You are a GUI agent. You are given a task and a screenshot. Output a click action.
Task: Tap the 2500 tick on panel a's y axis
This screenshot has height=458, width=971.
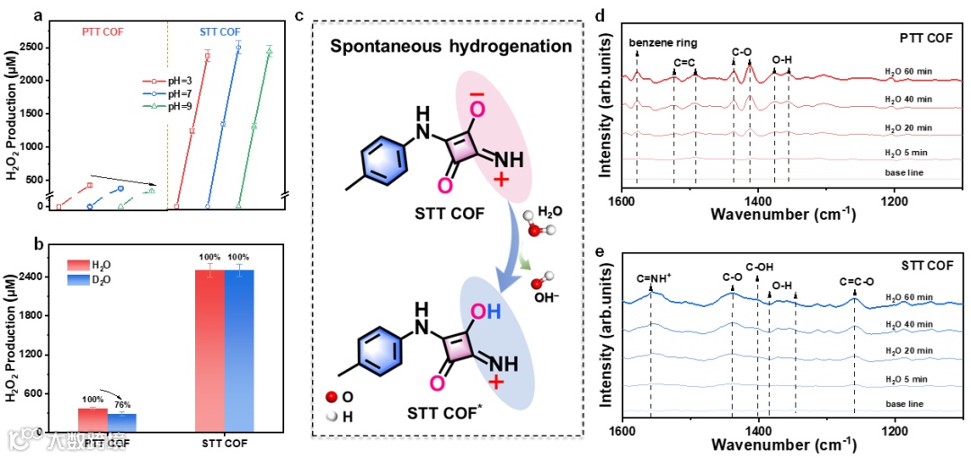[36, 46]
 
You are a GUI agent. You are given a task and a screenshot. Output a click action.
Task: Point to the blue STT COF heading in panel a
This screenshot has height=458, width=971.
[219, 31]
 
